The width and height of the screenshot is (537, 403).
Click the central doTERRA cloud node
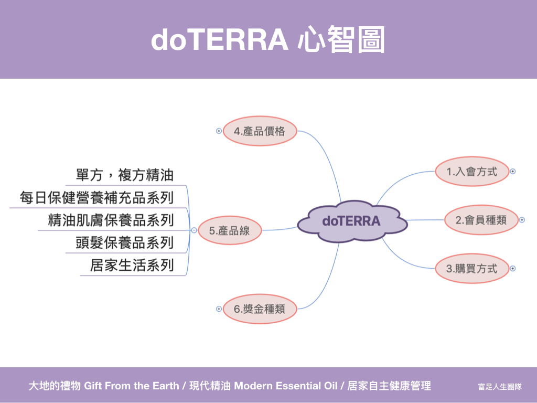[352, 221]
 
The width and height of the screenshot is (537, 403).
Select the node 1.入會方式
[472, 172]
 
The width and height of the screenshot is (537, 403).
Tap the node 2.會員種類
[481, 220]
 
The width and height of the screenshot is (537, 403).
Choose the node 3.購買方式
[472, 269]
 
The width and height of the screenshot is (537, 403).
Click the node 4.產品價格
[260, 131]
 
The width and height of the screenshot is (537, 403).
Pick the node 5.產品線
[230, 230]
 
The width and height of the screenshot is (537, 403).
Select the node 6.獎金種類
[260, 309]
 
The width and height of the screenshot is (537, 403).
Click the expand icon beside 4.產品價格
[219, 131]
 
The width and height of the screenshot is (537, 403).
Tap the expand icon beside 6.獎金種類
[219, 309]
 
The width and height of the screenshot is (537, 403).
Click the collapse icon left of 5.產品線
[194, 230]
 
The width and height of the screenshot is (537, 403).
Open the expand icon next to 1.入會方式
[513, 172]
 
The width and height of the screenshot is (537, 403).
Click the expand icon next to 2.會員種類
[522, 220]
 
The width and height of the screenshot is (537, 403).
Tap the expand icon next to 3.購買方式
[513, 269]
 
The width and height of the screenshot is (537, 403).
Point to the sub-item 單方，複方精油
[125, 175]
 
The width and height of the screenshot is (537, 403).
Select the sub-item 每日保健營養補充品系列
[96, 197]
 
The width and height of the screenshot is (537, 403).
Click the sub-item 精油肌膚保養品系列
[111, 220]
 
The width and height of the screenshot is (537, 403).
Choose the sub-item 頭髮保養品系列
[125, 242]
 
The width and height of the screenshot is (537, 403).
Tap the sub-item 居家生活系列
[132, 265]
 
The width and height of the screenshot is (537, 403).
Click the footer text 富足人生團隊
[500, 387]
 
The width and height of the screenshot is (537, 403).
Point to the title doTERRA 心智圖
[268, 39]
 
